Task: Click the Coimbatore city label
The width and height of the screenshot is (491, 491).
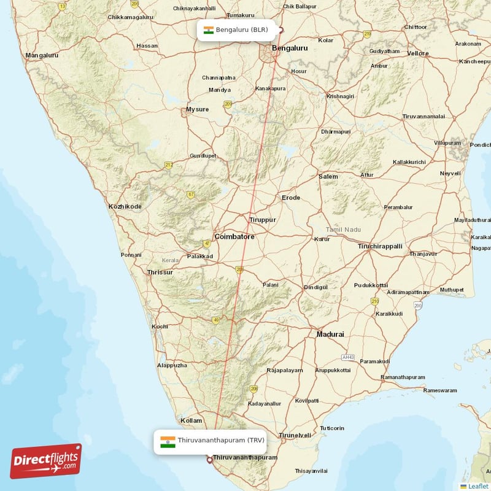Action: [x=234, y=236]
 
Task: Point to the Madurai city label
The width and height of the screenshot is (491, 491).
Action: [x=330, y=334]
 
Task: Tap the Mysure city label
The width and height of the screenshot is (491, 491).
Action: [x=197, y=110]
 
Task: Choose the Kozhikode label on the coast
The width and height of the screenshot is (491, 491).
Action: [x=125, y=207]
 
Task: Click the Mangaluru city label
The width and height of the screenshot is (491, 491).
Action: [x=42, y=55]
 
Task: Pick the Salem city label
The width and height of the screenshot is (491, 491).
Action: [x=328, y=177]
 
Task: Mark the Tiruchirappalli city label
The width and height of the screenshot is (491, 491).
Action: [x=380, y=246]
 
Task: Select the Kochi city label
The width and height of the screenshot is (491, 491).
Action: [x=160, y=327]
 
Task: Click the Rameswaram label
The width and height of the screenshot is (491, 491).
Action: [x=440, y=390]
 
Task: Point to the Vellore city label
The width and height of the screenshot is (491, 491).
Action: [x=418, y=53]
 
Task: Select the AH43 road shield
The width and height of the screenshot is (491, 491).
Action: [x=348, y=357]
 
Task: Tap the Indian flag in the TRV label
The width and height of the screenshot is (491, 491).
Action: [x=168, y=441]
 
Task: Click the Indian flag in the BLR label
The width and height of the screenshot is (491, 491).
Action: [x=208, y=30]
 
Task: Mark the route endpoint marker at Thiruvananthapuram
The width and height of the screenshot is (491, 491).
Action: [x=209, y=459]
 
